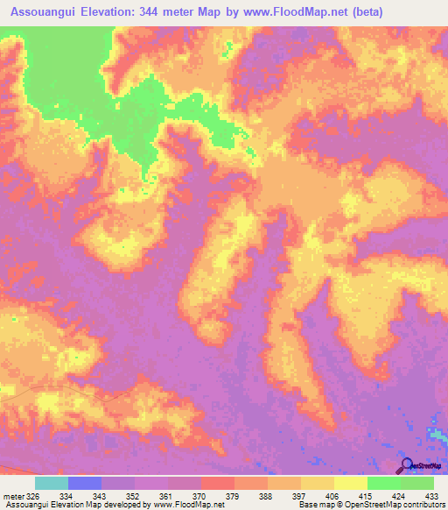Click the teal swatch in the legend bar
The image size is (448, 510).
[52, 483]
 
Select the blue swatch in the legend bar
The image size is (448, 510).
[85, 483]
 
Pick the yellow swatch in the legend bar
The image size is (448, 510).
[317, 483]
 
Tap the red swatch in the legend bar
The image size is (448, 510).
[217, 483]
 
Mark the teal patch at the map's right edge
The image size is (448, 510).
[437, 434]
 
